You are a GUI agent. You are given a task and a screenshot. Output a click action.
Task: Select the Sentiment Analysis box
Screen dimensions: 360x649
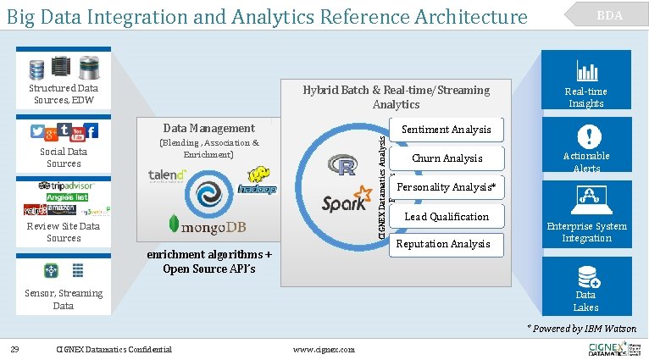pos(446,130)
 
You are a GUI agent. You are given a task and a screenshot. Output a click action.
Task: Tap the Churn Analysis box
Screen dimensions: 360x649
pos(447,158)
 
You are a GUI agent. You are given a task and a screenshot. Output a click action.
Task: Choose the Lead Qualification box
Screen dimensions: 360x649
pos(447,217)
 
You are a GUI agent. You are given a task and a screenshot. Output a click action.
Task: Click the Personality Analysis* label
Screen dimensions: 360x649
pos(446,187)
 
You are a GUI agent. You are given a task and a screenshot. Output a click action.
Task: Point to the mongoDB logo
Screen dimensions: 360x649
pos(214,224)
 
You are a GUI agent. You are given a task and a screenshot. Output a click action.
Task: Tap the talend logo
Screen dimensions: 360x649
pos(168,175)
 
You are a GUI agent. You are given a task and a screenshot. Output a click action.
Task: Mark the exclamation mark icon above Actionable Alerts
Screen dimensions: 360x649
pos(587,136)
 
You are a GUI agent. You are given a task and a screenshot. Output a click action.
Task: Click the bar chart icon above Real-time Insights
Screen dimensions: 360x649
pos(586,72)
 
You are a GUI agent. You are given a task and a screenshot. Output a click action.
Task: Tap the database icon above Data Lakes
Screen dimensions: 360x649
pos(586,277)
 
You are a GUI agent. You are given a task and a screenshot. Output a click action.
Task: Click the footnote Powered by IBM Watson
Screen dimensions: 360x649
pos(581,328)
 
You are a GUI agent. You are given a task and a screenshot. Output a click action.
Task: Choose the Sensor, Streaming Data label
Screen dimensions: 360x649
pos(64,299)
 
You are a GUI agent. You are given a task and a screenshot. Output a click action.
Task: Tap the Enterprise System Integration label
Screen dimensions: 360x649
pos(586,232)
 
